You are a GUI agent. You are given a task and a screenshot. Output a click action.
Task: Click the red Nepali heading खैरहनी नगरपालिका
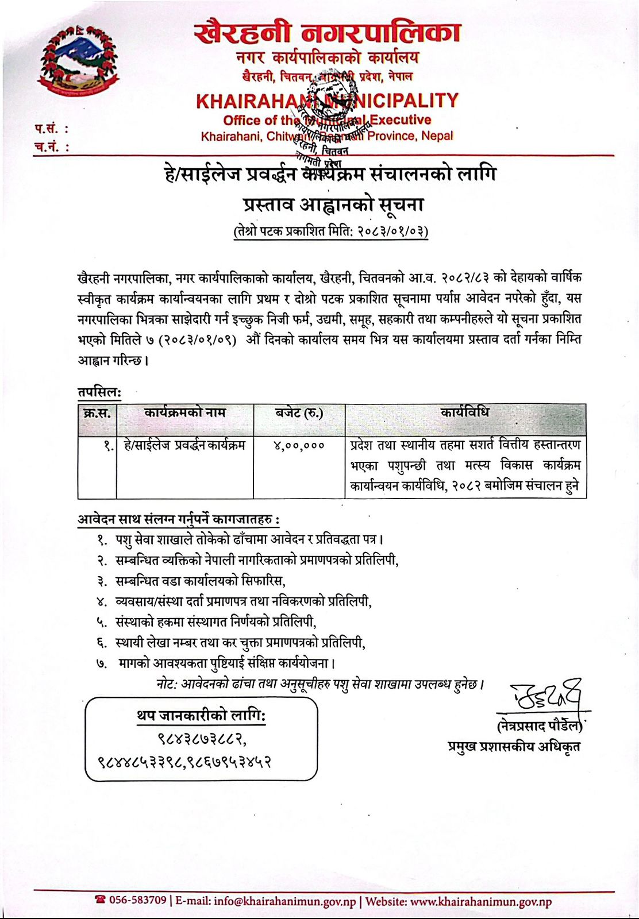point(327,33)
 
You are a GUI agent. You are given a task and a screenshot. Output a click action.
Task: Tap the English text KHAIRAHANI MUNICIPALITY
point(327,101)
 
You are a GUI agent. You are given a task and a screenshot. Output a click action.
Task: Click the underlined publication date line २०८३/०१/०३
point(330,231)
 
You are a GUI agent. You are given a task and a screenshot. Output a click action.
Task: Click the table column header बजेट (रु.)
point(299,413)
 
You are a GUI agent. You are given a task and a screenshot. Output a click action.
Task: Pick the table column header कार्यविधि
point(465,413)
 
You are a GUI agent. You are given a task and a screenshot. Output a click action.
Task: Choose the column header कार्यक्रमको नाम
point(184,413)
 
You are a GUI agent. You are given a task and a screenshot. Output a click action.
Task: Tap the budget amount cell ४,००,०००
point(299,446)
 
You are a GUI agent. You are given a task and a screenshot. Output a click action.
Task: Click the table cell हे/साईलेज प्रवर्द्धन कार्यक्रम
point(184,446)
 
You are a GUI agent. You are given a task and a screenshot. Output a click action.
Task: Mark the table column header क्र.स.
point(97,413)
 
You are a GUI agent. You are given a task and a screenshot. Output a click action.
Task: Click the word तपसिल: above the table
point(99,392)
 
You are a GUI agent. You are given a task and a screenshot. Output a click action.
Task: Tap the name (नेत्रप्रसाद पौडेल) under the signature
point(540,726)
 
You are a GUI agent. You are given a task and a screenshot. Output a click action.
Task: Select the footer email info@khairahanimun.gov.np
point(285,901)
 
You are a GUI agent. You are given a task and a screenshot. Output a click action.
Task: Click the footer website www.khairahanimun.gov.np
point(482,901)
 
